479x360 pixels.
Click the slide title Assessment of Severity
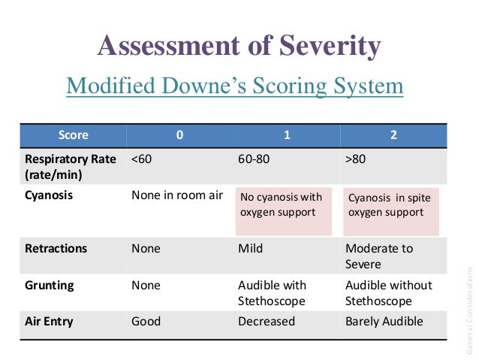click(x=239, y=47)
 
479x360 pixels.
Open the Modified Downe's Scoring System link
click(x=235, y=86)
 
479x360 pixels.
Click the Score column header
click(x=73, y=135)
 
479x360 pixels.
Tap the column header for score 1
click(x=287, y=135)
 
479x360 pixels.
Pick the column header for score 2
click(x=394, y=135)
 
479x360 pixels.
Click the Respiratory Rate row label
click(x=70, y=166)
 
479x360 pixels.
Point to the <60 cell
click(x=144, y=159)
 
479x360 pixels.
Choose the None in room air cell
click(x=177, y=195)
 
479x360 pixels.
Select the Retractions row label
click(x=56, y=248)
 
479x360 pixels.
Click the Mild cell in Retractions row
click(x=250, y=248)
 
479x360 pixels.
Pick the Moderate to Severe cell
click(x=379, y=256)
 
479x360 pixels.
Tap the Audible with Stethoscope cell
click(x=271, y=292)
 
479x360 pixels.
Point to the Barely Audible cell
click(x=384, y=322)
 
